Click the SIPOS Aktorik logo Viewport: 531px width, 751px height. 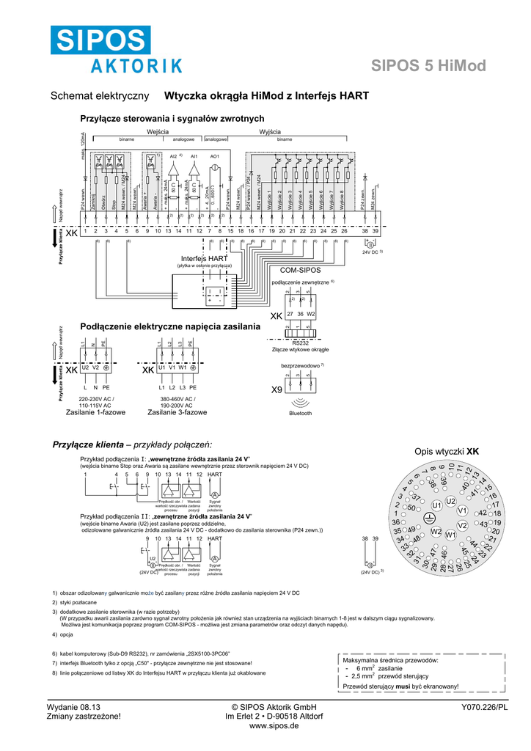pos(117,50)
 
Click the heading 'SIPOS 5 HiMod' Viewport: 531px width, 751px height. pos(429,66)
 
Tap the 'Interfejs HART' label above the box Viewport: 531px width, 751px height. pos(205,259)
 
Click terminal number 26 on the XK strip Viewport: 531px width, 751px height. pos(344,231)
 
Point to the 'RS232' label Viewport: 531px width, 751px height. pos(301,342)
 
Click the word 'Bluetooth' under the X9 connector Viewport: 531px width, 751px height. pos(300,413)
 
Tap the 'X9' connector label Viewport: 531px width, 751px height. pos(277,389)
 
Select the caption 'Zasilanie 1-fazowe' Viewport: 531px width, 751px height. pos(95,412)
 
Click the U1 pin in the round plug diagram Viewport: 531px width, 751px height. pos(438,505)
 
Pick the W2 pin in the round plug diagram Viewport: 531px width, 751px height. pos(436,531)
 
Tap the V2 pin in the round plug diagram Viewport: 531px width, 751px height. pos(462,525)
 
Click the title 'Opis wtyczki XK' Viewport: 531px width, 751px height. pos(446,452)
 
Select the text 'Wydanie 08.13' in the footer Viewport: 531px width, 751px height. pos(73,706)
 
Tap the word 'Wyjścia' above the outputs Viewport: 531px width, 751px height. pos(271,131)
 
